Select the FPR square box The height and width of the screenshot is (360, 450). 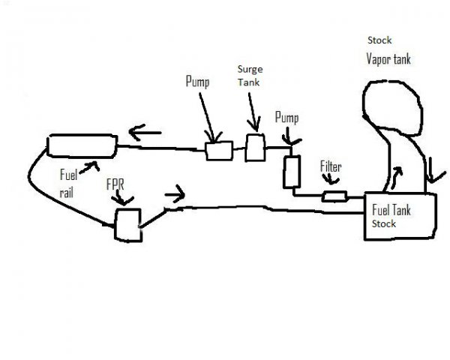click(x=127, y=224)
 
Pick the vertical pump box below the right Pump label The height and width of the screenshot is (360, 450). click(x=292, y=172)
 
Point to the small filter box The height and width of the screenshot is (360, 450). click(x=334, y=196)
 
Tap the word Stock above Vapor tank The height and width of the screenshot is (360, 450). click(x=379, y=39)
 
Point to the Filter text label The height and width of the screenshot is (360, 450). click(x=331, y=166)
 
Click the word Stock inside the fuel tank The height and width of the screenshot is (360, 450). click(x=382, y=224)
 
